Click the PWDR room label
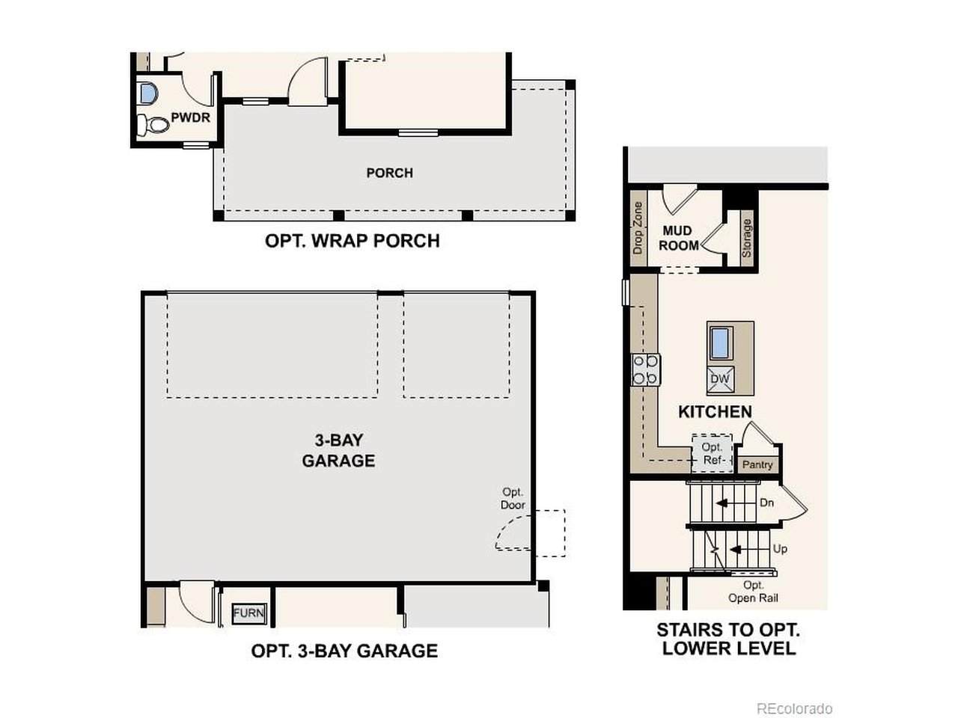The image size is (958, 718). (190, 117)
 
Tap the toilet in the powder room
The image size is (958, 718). (153, 124)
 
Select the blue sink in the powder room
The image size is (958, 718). (147, 93)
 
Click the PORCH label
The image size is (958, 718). (389, 173)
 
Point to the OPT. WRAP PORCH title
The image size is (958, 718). (353, 241)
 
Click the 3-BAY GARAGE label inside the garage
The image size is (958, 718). (339, 450)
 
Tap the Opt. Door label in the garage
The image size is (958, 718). (513, 498)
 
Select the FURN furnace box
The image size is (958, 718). (248, 613)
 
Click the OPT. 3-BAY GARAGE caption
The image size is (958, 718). (344, 651)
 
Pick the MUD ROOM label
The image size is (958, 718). (678, 238)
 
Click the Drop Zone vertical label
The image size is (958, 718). (638, 227)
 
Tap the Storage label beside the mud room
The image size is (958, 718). (746, 238)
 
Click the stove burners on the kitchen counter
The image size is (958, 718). (645, 369)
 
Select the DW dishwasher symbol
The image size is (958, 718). (720, 378)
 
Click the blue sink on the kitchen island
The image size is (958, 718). (720, 343)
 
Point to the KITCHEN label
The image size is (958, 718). (715, 412)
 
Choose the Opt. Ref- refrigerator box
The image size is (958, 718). (712, 453)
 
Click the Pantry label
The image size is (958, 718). (757, 464)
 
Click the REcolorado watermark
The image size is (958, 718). (794, 708)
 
